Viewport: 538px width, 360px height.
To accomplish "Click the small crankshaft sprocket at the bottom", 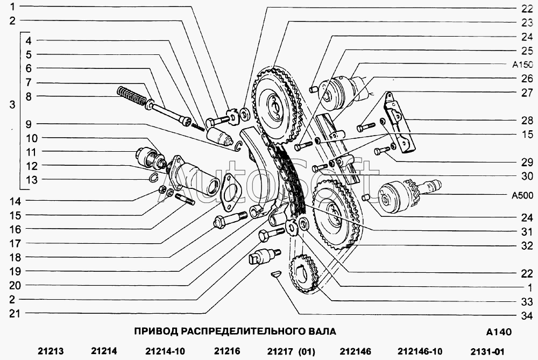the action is click(303, 273).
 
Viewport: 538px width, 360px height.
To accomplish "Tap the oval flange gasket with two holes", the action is click(230, 192).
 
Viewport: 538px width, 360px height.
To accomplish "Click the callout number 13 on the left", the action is click(31, 180).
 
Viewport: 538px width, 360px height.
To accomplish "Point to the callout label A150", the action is click(522, 65).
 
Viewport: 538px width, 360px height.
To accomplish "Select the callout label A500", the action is click(522, 196).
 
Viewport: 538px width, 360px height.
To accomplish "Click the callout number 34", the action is click(527, 315).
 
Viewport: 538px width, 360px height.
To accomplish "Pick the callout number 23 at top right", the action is click(527, 23).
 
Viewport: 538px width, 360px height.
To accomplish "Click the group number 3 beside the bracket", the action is click(12, 104).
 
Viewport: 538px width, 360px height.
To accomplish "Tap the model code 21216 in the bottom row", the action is click(227, 351).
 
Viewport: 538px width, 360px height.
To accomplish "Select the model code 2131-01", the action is click(487, 351).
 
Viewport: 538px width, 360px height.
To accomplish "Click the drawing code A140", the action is click(499, 332).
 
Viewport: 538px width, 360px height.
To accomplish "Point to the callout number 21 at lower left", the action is click(15, 313).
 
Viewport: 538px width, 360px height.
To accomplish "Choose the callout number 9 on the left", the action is click(29, 124).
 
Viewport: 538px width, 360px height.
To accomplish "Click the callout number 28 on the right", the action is click(527, 121).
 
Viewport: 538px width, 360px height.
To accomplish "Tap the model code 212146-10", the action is click(420, 351).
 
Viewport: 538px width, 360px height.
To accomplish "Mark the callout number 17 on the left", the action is click(15, 243).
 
